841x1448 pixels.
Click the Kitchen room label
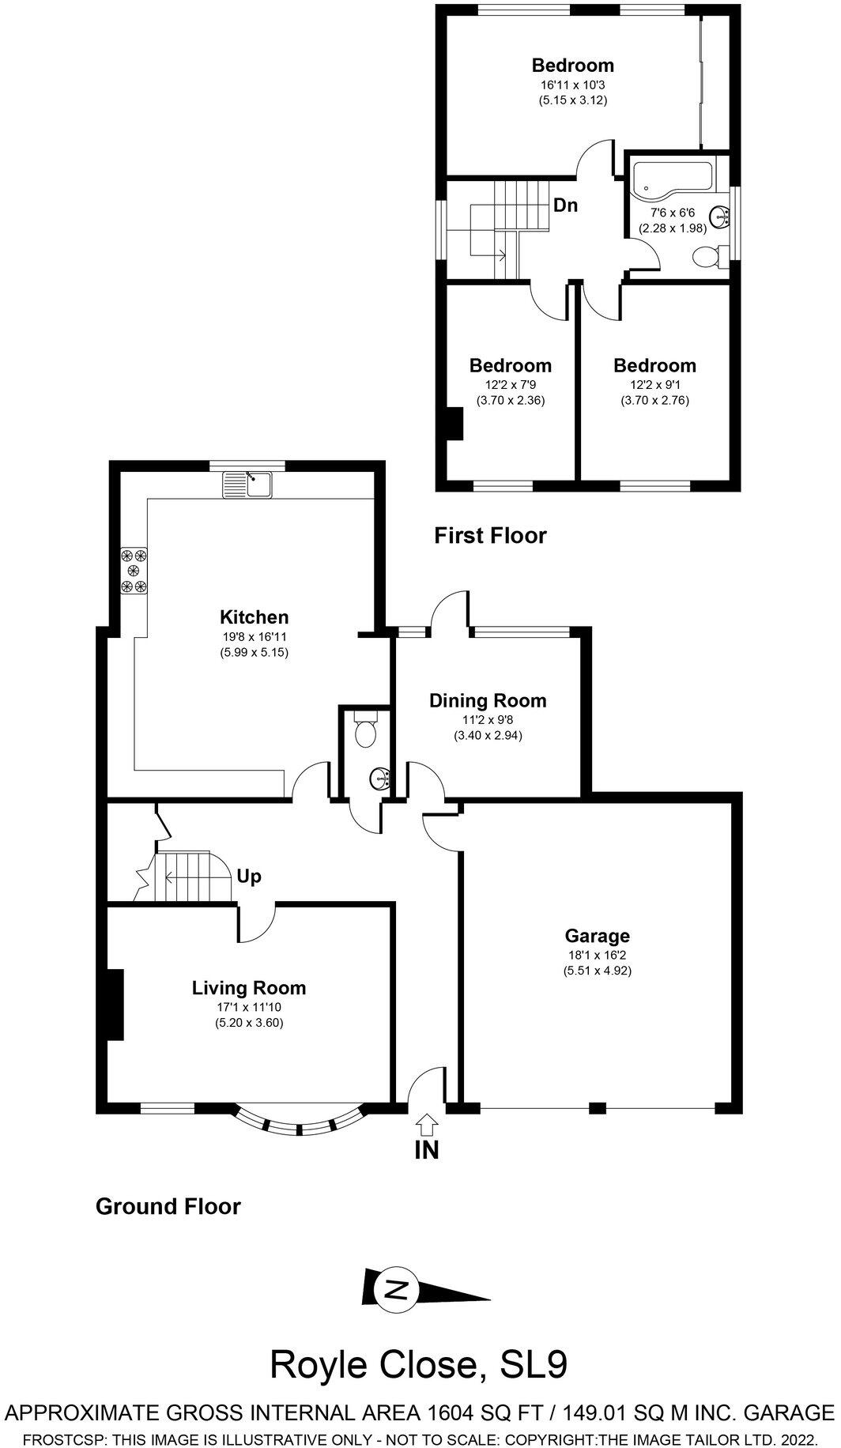[x=254, y=617]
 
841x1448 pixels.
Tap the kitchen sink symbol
[x=248, y=483]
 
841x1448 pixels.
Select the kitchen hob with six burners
[x=133, y=570]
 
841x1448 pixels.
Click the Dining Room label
[x=488, y=700]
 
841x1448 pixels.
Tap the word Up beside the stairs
[x=249, y=877]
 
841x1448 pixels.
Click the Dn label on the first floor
[x=565, y=206]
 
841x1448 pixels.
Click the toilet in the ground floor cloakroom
[x=365, y=732]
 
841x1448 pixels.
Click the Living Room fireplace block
[x=115, y=1004]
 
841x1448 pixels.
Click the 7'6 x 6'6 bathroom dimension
[x=672, y=213]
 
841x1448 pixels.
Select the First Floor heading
[x=490, y=536]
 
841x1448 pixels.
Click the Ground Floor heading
[x=168, y=1206]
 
